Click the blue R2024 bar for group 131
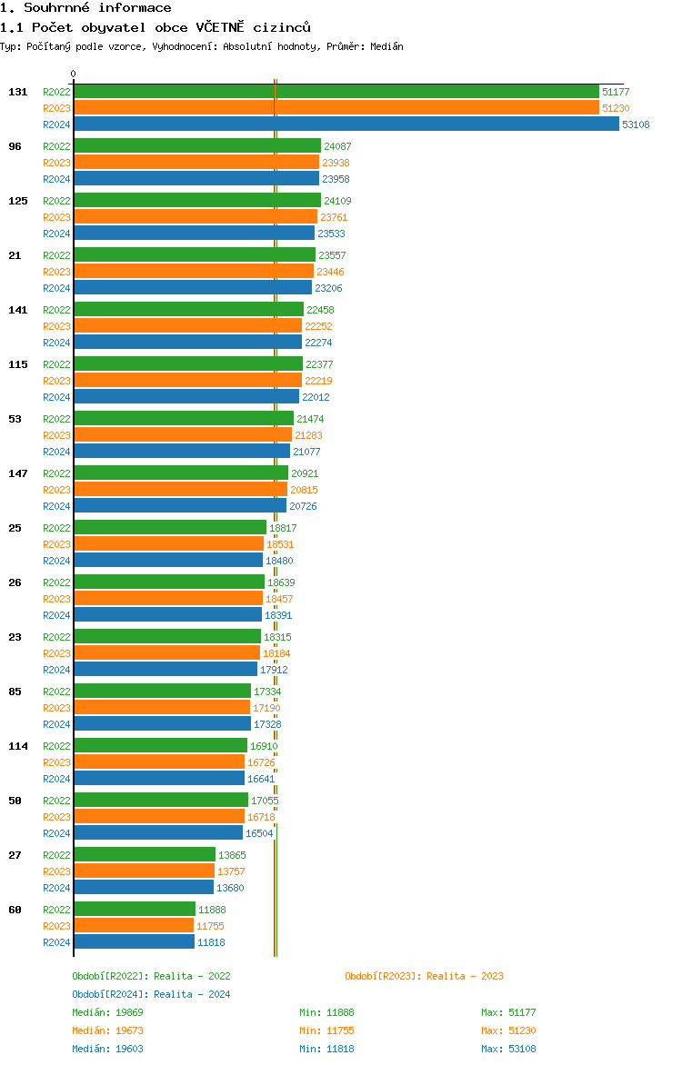(346, 124)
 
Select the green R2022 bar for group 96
(197, 146)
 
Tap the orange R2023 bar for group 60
(134, 926)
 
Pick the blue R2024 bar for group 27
(144, 888)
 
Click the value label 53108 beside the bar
(636, 124)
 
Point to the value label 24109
(337, 201)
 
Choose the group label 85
(15, 692)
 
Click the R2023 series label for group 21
(56, 272)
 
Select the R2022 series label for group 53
(56, 419)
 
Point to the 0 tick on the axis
(74, 75)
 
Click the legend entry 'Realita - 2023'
(424, 976)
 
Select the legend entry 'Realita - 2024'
(151, 994)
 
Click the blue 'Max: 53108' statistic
(508, 1049)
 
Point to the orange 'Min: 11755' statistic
(326, 1030)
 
